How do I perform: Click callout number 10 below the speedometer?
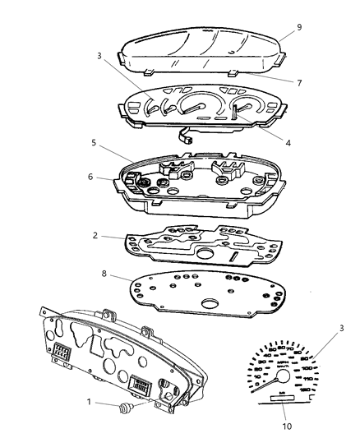click(x=288, y=426)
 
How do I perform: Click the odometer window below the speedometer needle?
click(x=280, y=398)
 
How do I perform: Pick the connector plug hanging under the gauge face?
click(x=190, y=138)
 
